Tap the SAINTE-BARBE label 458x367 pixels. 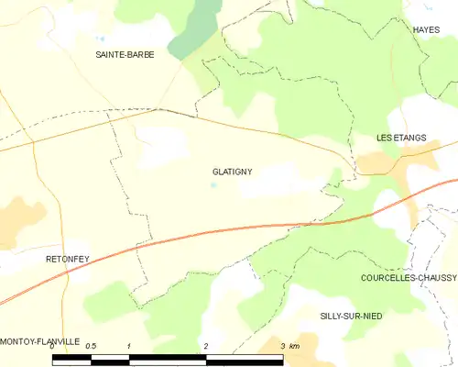point(125,55)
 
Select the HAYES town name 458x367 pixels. point(426,30)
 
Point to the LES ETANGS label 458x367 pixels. point(401,138)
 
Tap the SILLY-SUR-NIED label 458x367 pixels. point(351,316)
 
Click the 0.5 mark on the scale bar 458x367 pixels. point(90,346)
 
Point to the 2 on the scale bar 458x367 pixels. point(207,346)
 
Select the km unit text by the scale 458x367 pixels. point(293,346)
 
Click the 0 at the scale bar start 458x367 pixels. point(52,346)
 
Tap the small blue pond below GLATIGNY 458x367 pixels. point(214,185)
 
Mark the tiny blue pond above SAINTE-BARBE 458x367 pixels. point(99,39)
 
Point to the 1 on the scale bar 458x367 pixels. point(129,346)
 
